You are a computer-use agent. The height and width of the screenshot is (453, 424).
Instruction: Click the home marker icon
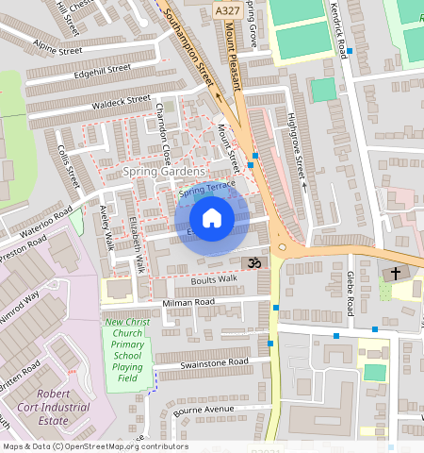(x=212, y=219)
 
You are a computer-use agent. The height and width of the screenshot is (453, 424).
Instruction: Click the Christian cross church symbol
(x=395, y=274)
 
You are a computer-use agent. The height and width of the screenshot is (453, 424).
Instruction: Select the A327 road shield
(x=225, y=10)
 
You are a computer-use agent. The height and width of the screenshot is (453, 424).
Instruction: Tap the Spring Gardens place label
(x=163, y=172)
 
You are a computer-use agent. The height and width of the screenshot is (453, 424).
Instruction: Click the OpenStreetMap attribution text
(x=95, y=446)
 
